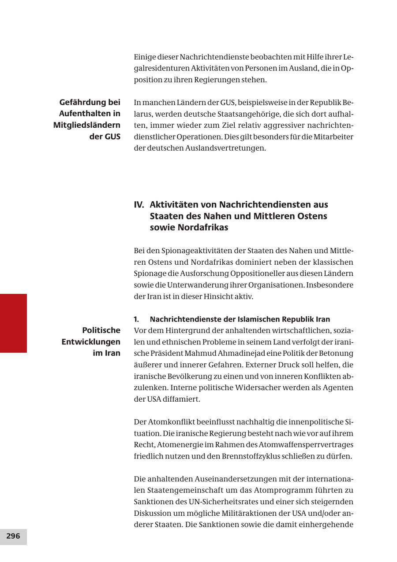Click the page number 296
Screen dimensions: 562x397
coord(13,536)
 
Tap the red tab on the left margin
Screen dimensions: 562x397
coord(13,323)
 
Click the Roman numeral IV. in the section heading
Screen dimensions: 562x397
coord(139,205)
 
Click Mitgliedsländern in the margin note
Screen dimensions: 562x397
coord(87,125)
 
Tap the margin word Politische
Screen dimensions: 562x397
coord(101,330)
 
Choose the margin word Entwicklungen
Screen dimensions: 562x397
coord(91,342)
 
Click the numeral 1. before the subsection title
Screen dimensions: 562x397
coord(136,319)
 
